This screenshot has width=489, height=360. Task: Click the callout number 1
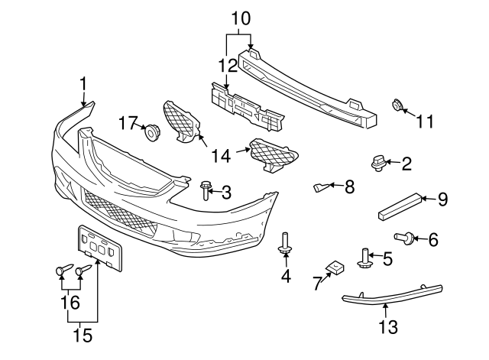pyautogui.click(x=83, y=83)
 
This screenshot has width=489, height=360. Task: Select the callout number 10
pyautogui.click(x=241, y=17)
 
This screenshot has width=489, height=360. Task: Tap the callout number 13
pyautogui.click(x=387, y=328)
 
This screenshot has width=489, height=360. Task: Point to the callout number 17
pyautogui.click(x=127, y=122)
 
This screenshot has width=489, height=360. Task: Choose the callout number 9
pyautogui.click(x=442, y=200)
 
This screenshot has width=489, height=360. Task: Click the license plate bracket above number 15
pyautogui.click(x=99, y=247)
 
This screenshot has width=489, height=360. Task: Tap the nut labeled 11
pyautogui.click(x=397, y=106)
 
